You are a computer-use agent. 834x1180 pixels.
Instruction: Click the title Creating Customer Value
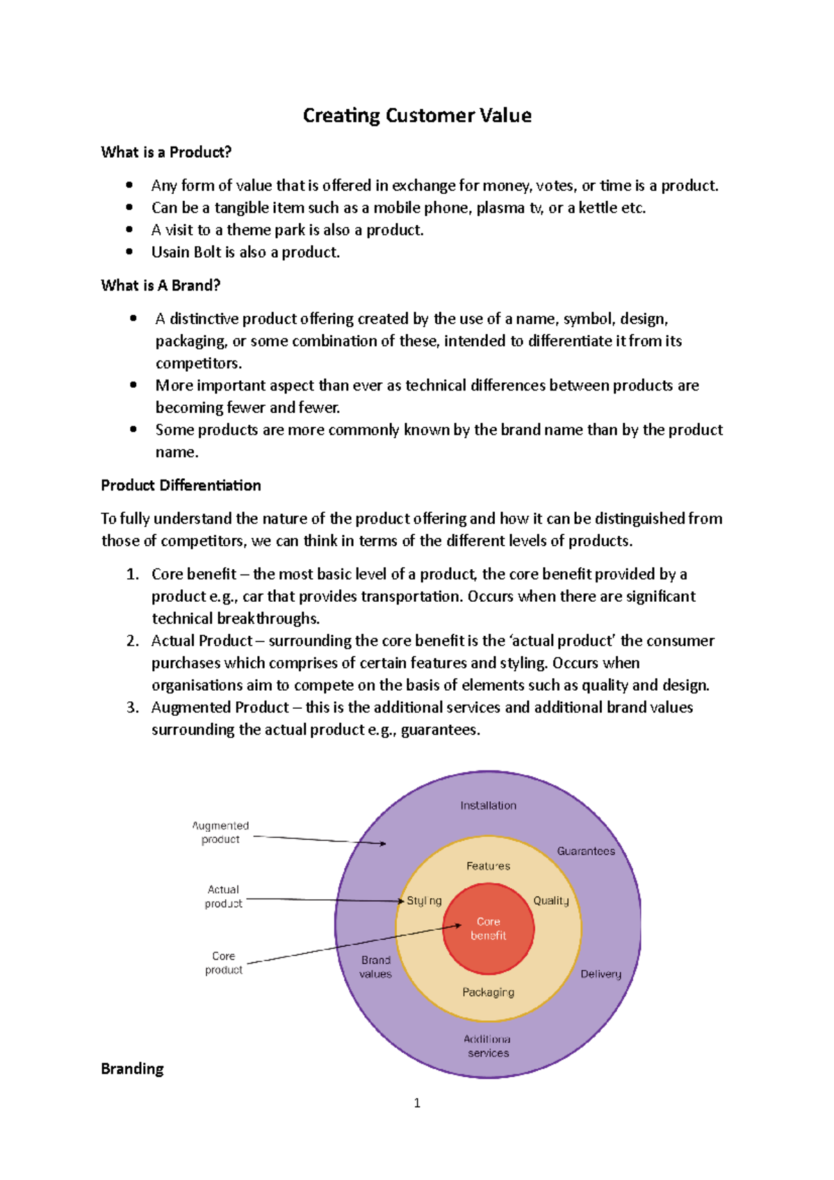pos(417,115)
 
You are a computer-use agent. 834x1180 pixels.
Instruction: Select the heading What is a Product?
pos(166,152)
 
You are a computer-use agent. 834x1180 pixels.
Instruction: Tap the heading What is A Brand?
pos(161,286)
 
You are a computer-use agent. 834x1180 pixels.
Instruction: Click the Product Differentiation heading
pos(181,486)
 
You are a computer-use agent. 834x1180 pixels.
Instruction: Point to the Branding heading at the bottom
pos(132,1069)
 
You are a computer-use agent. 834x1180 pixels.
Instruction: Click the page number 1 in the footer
pos(417,1103)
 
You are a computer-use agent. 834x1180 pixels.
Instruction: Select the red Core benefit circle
pos(489,928)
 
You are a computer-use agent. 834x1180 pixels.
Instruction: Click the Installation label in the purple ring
pos(488,805)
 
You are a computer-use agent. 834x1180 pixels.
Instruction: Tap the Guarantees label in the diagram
pos(586,851)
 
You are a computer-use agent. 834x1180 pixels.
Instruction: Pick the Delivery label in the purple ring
pos(600,974)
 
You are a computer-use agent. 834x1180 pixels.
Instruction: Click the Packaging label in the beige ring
pos(488,992)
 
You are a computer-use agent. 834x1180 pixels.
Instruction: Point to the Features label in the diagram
pos(488,866)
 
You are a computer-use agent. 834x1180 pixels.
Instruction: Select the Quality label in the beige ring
pos(550,901)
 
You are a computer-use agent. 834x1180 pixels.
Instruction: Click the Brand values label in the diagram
pos(375,967)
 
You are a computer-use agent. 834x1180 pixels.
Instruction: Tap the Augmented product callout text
pos(220,833)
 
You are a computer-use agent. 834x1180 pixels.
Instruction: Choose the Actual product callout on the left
pos(223,896)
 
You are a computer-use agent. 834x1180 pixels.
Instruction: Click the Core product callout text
pos(223,963)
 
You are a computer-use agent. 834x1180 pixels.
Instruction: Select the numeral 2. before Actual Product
pos(133,641)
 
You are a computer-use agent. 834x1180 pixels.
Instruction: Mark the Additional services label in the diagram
pos(488,1046)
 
